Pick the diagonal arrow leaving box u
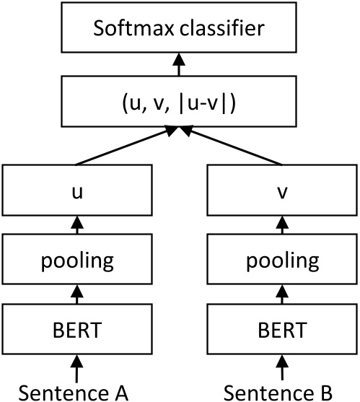click(x=123, y=148)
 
